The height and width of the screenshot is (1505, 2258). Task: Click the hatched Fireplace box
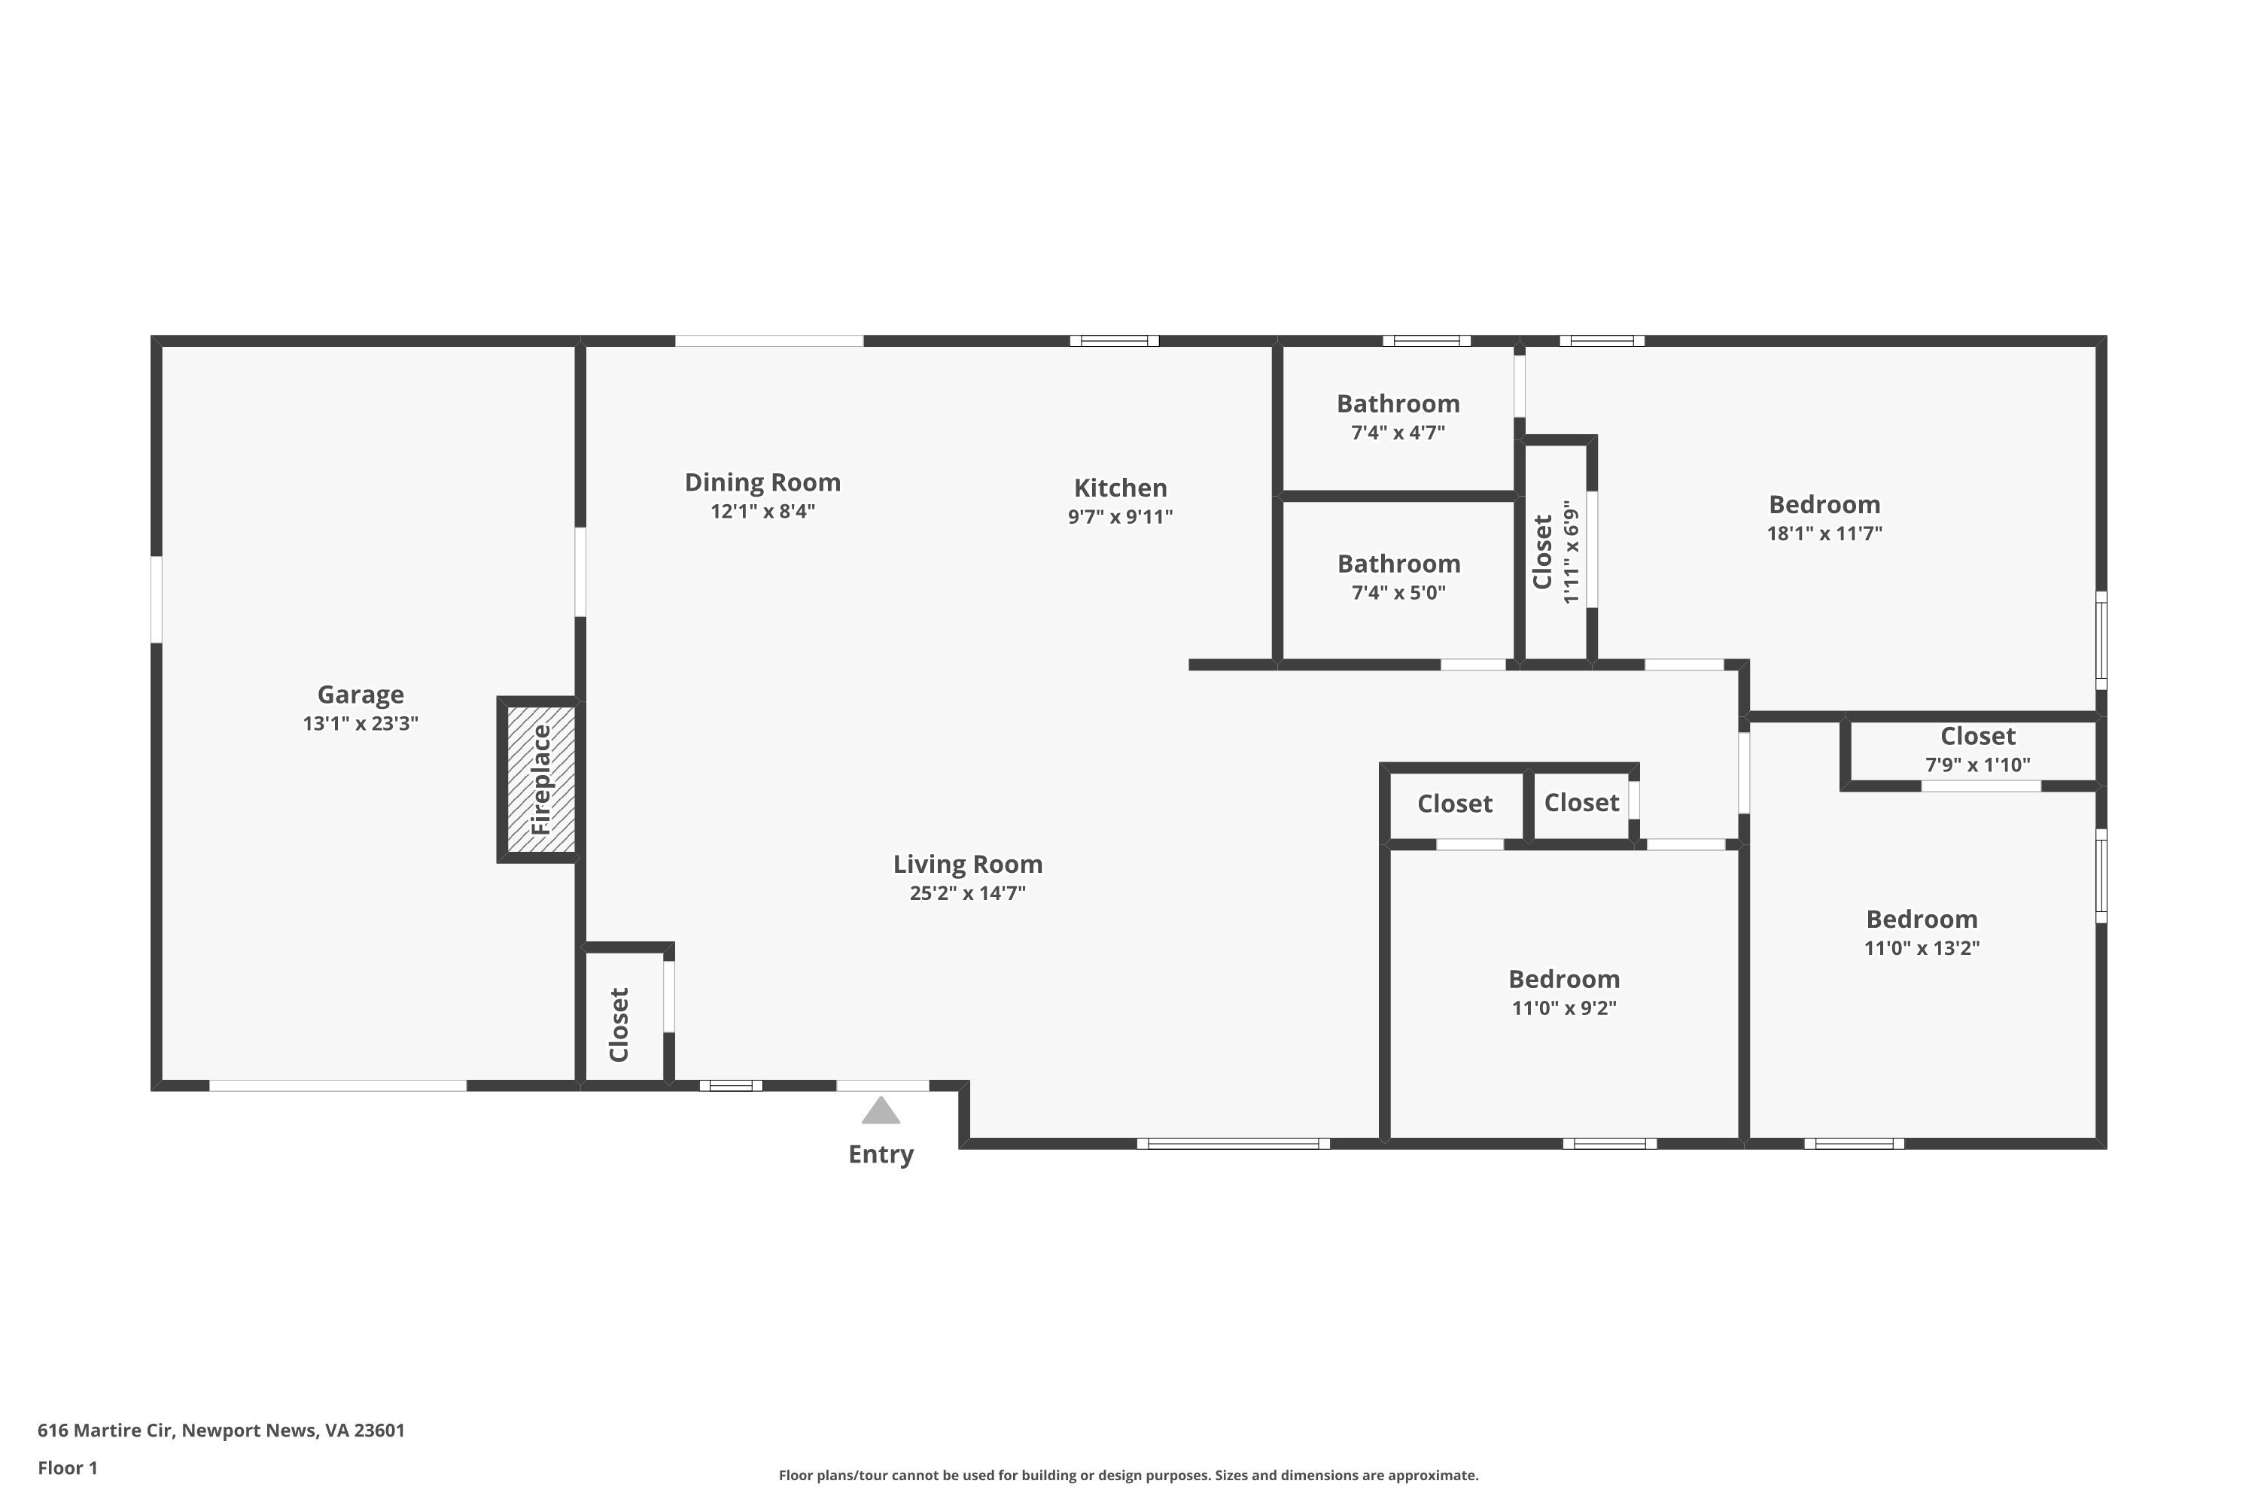(x=540, y=780)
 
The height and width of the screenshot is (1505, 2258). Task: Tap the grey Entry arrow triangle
(x=881, y=1111)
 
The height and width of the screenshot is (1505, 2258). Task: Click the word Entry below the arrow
(x=881, y=1154)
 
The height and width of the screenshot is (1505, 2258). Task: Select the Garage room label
(x=361, y=694)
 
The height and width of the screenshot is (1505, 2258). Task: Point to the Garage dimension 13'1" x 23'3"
(x=361, y=724)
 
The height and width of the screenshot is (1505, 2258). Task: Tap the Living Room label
(x=968, y=864)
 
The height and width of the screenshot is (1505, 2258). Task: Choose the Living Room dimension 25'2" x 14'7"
(x=968, y=894)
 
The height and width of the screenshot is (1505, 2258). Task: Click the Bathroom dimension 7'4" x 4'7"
(x=1398, y=433)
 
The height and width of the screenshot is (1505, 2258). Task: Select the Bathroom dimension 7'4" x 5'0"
(x=1398, y=592)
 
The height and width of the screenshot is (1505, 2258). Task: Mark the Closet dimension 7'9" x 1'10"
(x=1978, y=765)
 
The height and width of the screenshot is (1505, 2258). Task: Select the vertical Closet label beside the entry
(x=619, y=1024)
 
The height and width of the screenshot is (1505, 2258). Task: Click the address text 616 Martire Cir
(x=105, y=1431)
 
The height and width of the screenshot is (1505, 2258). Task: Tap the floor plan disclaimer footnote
(x=1128, y=1475)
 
